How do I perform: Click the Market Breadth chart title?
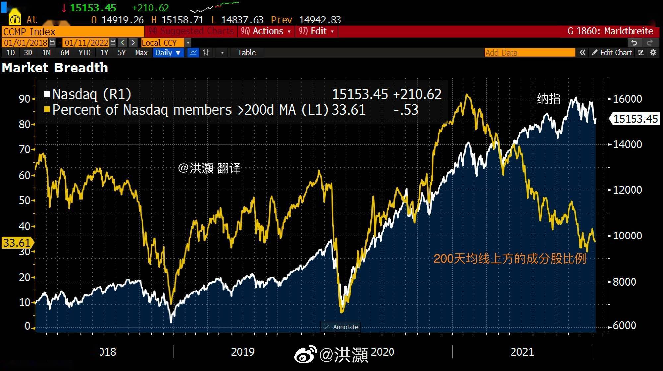point(55,68)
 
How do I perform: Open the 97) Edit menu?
point(316,31)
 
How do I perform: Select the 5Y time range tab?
point(121,53)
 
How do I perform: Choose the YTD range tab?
point(84,53)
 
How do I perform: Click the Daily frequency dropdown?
point(168,53)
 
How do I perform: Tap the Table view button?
point(247,53)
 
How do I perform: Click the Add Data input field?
point(529,53)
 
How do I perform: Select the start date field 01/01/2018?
point(26,43)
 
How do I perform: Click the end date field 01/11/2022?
point(86,43)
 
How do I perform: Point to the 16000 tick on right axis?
point(627,99)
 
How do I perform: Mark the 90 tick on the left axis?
point(24,99)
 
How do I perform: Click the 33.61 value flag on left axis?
point(17,243)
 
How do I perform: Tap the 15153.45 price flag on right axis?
point(635,119)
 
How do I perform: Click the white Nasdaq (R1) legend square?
point(47,94)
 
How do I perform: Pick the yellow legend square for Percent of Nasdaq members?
point(47,109)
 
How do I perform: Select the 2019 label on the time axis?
point(243,352)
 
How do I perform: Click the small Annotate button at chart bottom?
point(341,327)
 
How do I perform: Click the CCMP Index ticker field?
point(72,32)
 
